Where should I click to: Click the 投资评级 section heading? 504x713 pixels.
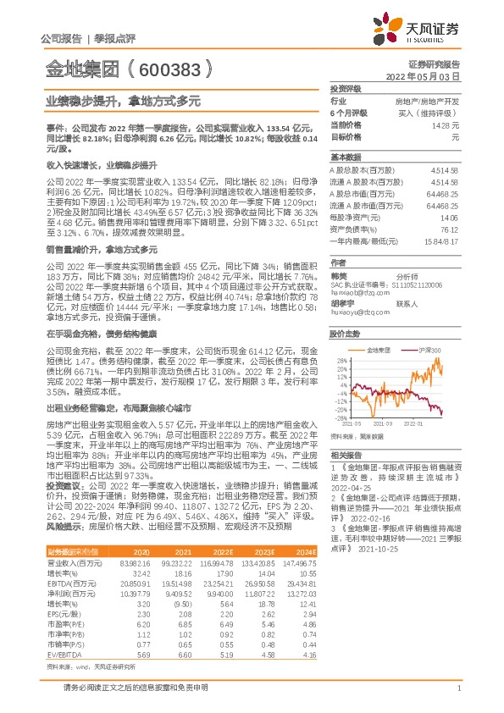346,88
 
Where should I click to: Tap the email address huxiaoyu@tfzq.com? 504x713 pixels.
356,311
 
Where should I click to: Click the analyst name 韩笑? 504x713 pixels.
339,275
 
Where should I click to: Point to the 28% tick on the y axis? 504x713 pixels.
340,361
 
